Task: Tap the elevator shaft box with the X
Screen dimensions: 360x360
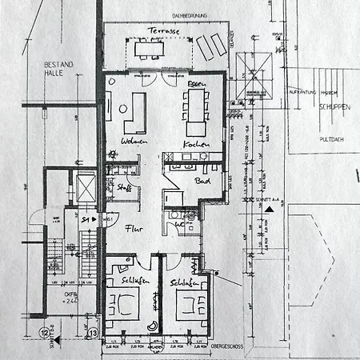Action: (83, 188)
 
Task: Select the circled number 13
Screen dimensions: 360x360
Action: (93, 332)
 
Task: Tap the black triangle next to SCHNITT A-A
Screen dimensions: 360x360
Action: (271, 208)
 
